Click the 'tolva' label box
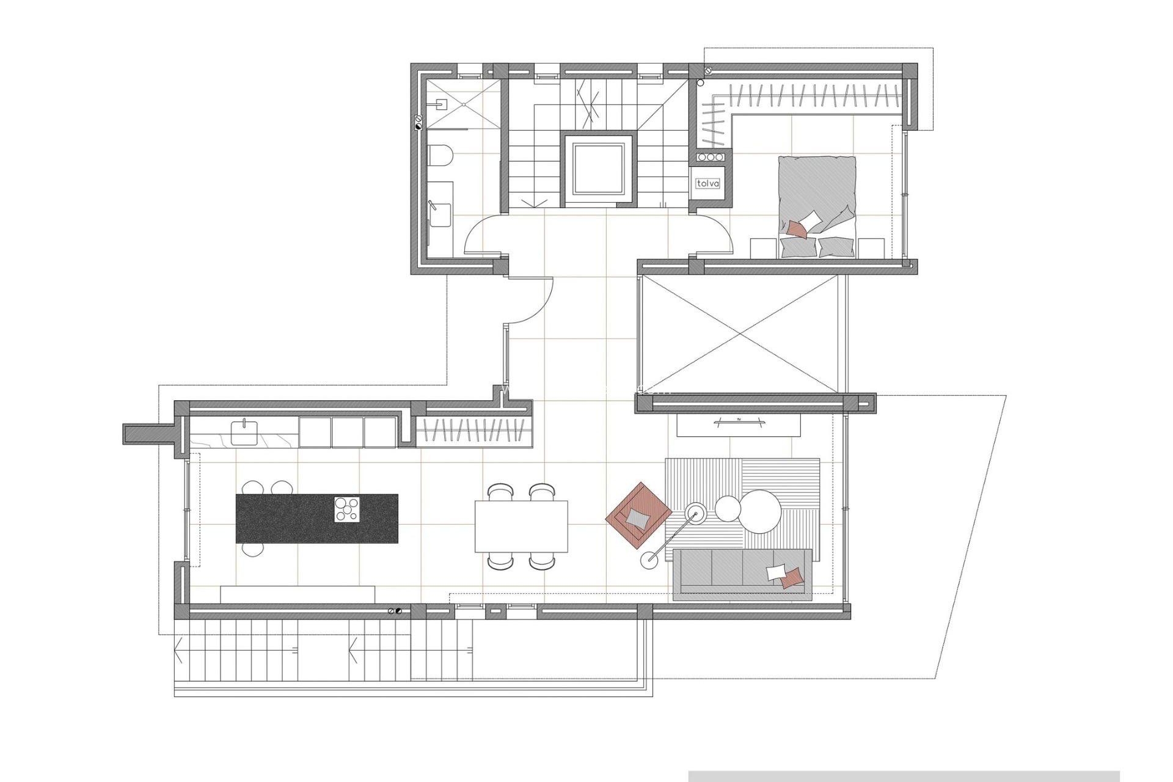point(708,183)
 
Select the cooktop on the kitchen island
point(347,510)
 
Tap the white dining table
point(521,526)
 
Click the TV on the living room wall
point(739,420)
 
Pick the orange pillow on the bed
point(797,229)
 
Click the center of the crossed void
point(740,334)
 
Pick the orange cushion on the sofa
point(792,577)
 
